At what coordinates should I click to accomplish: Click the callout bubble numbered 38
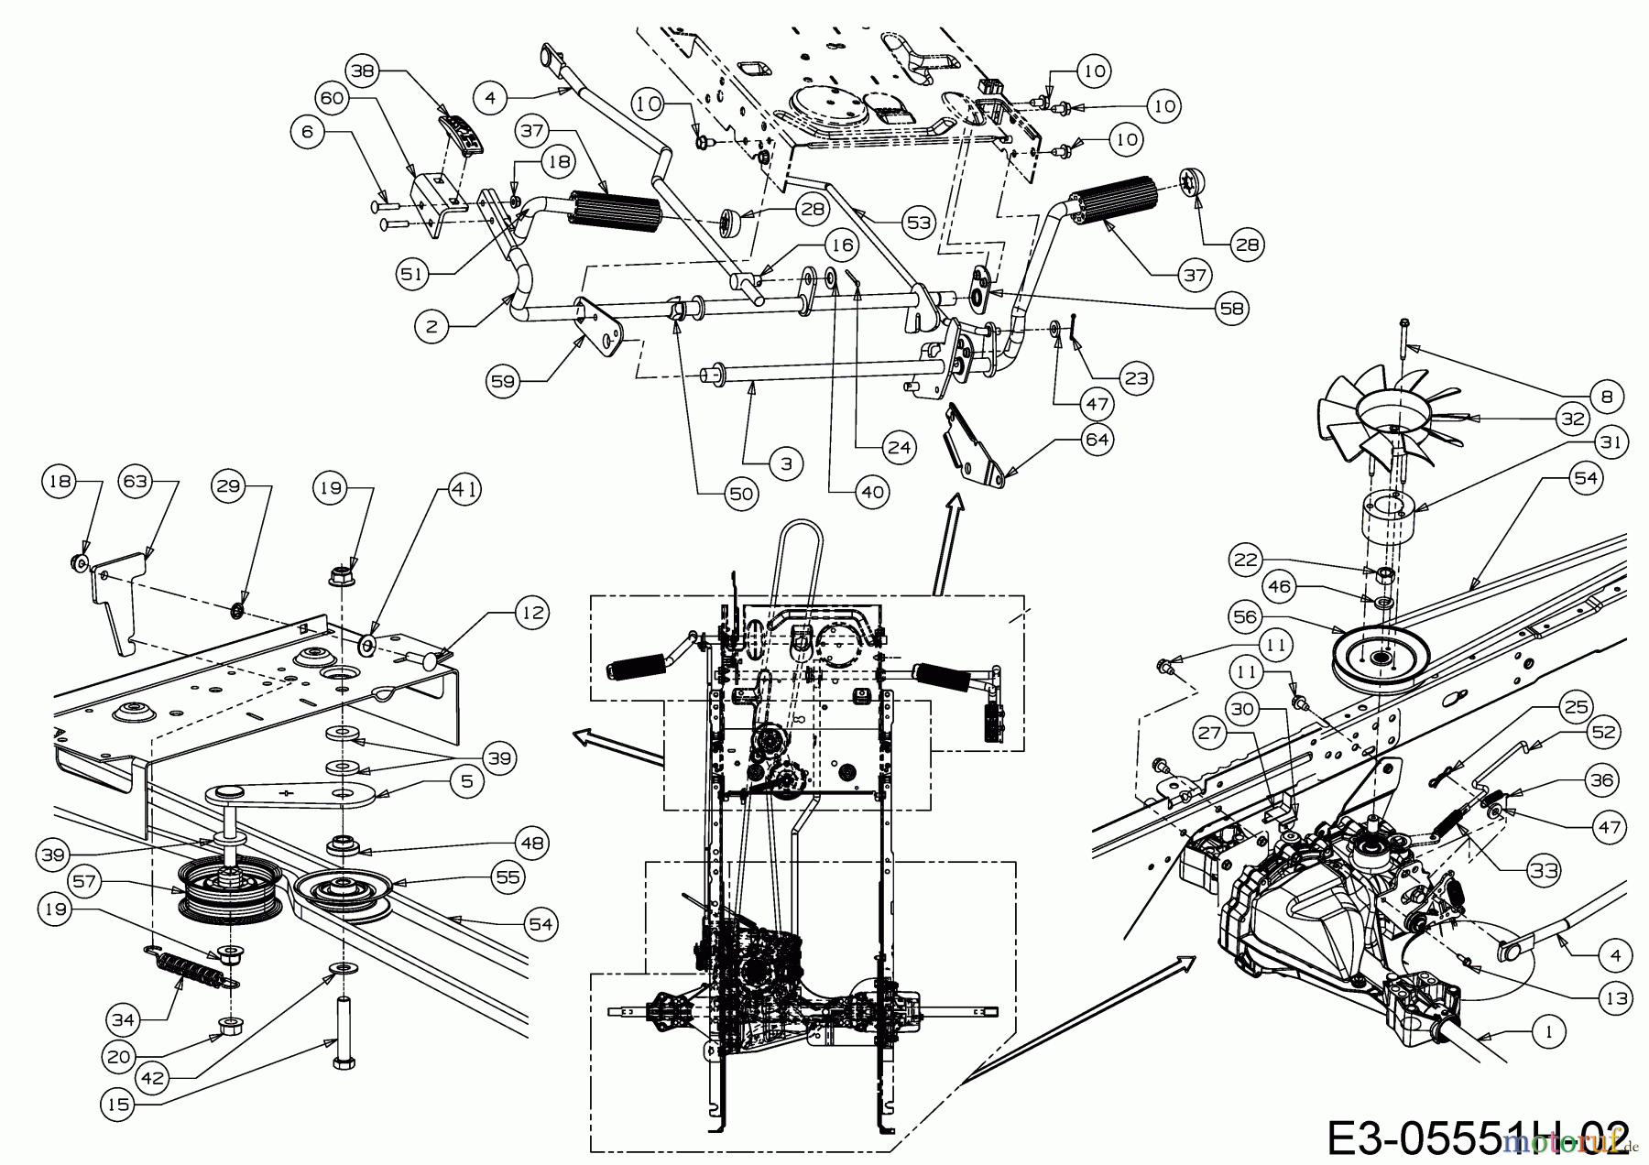tap(365, 71)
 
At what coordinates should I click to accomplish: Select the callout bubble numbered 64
tap(1097, 440)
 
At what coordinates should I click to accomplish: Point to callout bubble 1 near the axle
tap(1548, 1031)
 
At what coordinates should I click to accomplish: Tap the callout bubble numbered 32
tap(1572, 419)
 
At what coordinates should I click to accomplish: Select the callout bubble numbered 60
tap(335, 97)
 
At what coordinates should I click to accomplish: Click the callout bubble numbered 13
tap(1618, 999)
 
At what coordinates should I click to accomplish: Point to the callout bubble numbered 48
tap(530, 842)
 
